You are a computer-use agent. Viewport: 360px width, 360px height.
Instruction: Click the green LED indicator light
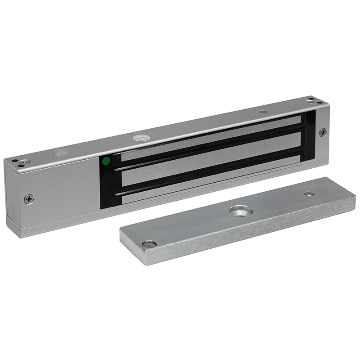(x=106, y=160)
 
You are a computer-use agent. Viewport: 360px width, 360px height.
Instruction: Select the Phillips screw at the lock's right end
(x=323, y=132)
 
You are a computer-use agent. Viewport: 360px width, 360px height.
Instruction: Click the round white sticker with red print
(x=139, y=137)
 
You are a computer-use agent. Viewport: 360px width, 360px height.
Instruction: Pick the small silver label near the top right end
(x=262, y=112)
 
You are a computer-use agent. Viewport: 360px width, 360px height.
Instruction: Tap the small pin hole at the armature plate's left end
(x=149, y=244)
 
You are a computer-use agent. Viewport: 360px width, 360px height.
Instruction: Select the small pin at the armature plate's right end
(x=309, y=193)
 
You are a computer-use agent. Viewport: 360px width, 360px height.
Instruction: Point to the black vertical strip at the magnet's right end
(x=310, y=135)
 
